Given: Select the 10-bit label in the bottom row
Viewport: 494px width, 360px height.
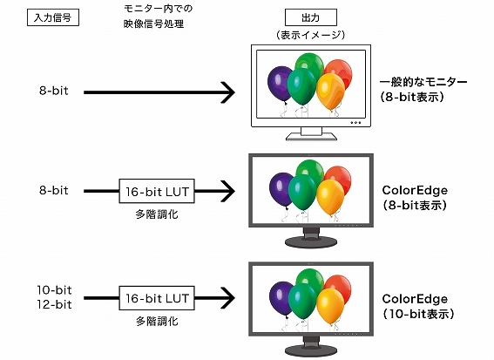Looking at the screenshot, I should click(53, 289).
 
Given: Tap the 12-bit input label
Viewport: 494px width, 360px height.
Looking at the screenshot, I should click(53, 303).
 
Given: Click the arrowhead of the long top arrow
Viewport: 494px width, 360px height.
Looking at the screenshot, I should click(228, 91).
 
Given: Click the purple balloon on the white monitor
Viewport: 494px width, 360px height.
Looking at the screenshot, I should click(278, 84).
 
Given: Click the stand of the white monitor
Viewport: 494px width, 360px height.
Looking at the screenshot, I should click(312, 133).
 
